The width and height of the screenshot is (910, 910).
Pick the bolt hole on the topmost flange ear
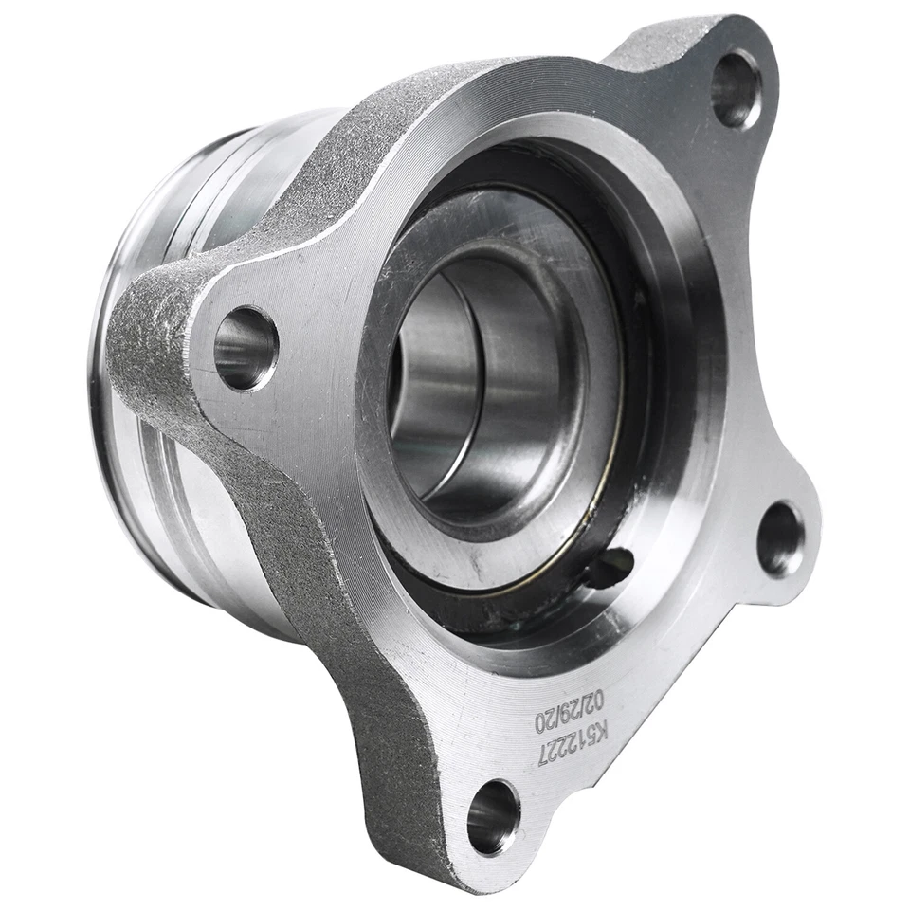click(736, 89)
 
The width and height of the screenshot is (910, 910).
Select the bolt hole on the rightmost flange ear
click(781, 538)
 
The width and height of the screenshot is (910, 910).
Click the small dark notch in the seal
click(608, 568)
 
